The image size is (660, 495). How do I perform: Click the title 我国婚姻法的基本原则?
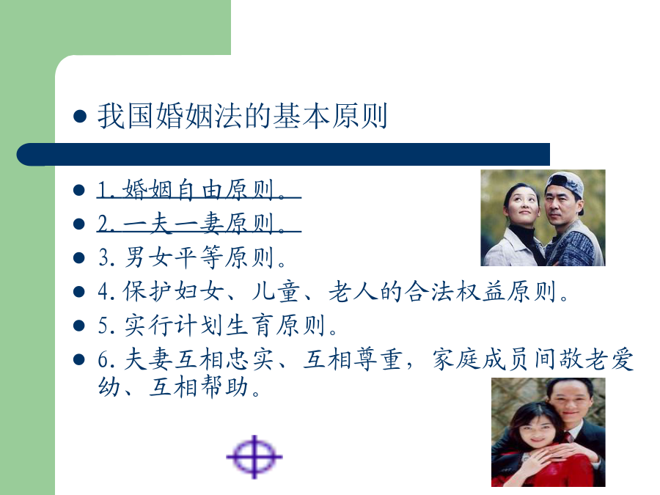pos(242,116)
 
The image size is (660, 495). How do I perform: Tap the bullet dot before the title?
pos(79,116)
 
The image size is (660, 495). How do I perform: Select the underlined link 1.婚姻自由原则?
pos(199,189)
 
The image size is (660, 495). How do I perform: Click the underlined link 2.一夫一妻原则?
pos(199,223)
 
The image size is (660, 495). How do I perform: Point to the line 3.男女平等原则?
pos(192,257)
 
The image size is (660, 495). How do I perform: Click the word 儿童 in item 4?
pos(276,291)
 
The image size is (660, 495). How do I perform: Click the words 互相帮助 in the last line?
pos(198,386)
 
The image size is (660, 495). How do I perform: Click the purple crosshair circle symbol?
pos(254,457)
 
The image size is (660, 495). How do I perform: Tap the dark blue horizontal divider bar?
pos(283,155)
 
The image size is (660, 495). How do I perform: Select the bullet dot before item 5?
pos(79,326)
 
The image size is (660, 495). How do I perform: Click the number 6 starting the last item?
pos(103,360)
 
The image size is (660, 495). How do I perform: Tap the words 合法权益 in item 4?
pos(455,291)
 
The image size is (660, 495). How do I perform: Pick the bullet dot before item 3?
pos(79,257)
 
